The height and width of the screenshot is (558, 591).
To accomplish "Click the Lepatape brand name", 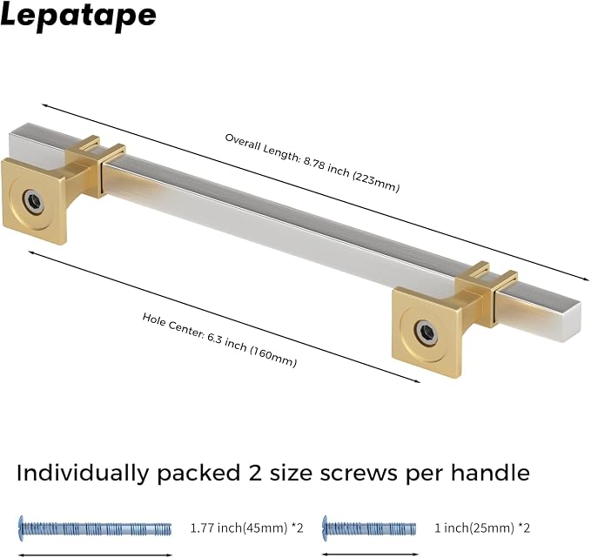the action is (x=78, y=17).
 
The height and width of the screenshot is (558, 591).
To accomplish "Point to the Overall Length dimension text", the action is (x=312, y=163).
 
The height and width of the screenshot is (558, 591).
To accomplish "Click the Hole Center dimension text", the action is (x=219, y=340).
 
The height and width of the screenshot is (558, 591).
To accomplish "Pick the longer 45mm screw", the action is (x=95, y=528).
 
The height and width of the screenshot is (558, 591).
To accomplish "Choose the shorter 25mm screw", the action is (x=369, y=528).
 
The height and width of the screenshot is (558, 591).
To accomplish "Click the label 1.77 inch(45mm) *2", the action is (x=246, y=528).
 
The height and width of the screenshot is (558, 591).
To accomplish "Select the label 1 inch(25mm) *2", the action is (x=482, y=528).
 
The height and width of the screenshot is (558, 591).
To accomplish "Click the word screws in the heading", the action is (x=358, y=474).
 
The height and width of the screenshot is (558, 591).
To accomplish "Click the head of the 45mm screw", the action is (x=21, y=528).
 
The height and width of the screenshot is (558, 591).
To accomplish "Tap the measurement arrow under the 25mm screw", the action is (x=369, y=555).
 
